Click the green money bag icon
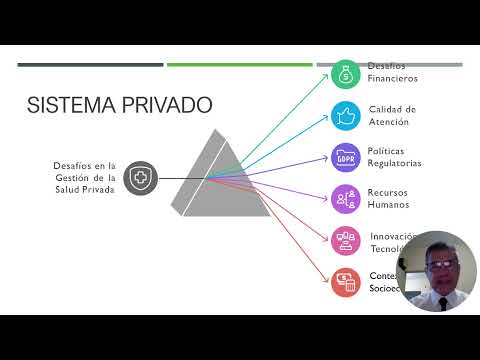[345, 72]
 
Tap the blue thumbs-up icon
[345, 115]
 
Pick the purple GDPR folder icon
[345, 157]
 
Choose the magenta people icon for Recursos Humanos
[345, 198]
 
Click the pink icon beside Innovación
[345, 240]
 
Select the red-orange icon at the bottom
[345, 282]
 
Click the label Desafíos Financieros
[392, 72]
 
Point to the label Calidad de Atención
[392, 115]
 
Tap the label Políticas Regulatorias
[394, 157]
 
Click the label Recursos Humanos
[389, 198]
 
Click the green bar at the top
[239, 65]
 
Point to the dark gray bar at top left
[90, 65]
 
